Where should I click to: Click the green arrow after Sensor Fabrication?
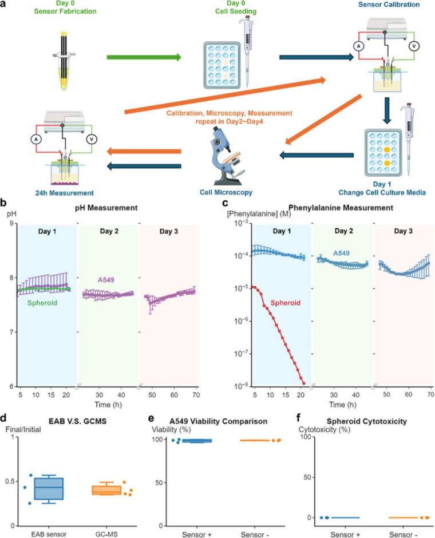tap(144, 57)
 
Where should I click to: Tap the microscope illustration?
tap(226, 156)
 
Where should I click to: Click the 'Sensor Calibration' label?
tap(389, 5)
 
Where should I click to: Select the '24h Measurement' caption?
tap(65, 193)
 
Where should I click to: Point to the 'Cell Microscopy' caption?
tap(226, 192)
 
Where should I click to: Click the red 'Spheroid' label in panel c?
tap(286, 303)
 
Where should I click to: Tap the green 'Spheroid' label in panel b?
tap(42, 303)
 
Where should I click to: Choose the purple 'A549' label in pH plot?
tap(106, 280)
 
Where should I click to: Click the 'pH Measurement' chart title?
tap(106, 208)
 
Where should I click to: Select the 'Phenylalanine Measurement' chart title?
tap(341, 208)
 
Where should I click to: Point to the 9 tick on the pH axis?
tap(12, 223)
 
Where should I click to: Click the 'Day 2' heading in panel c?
tap(344, 231)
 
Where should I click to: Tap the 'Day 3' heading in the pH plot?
tap(169, 231)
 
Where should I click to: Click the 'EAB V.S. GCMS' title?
tap(77, 421)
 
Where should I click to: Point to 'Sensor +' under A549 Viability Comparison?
tap(196, 534)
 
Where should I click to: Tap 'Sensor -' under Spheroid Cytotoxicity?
tap(403, 534)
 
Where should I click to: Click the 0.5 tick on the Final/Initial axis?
tap(10, 481)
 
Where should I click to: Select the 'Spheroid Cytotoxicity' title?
tap(367, 421)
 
